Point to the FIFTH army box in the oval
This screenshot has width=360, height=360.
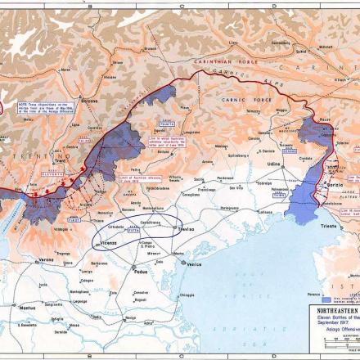point(132,232)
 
